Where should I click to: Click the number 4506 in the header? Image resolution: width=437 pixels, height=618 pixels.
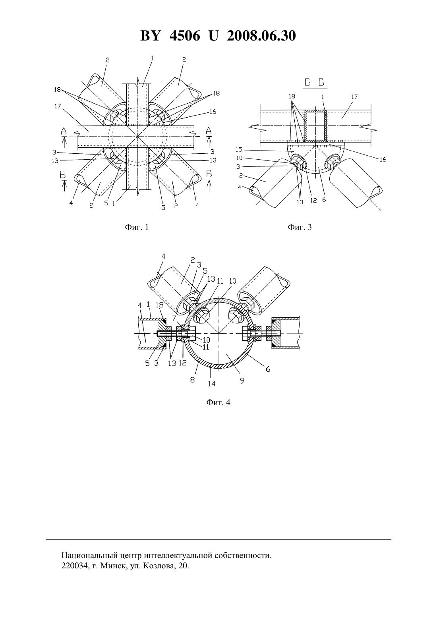point(185,36)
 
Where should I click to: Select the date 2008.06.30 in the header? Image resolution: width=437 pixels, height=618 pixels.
point(261,36)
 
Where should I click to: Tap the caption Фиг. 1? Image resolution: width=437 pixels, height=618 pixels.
point(137,227)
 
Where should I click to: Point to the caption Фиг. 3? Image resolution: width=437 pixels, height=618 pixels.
point(300,227)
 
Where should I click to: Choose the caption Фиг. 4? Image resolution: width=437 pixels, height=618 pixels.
point(218,402)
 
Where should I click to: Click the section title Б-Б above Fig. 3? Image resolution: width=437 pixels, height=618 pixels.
point(314,83)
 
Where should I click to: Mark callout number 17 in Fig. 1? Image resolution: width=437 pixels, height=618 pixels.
point(57,106)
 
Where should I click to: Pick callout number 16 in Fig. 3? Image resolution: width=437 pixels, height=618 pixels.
point(383,160)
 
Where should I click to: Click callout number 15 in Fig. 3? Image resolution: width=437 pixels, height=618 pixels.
point(239,149)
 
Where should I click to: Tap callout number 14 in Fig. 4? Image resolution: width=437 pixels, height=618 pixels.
point(212,384)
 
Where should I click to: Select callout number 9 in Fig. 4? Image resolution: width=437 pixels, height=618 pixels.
point(242,381)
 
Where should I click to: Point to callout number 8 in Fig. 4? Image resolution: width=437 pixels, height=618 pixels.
point(192,380)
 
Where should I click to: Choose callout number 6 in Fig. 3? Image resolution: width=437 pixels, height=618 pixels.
point(324,199)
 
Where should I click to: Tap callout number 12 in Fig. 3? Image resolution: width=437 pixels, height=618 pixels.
point(313,201)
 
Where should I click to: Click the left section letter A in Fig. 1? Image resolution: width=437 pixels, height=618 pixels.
point(64,131)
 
